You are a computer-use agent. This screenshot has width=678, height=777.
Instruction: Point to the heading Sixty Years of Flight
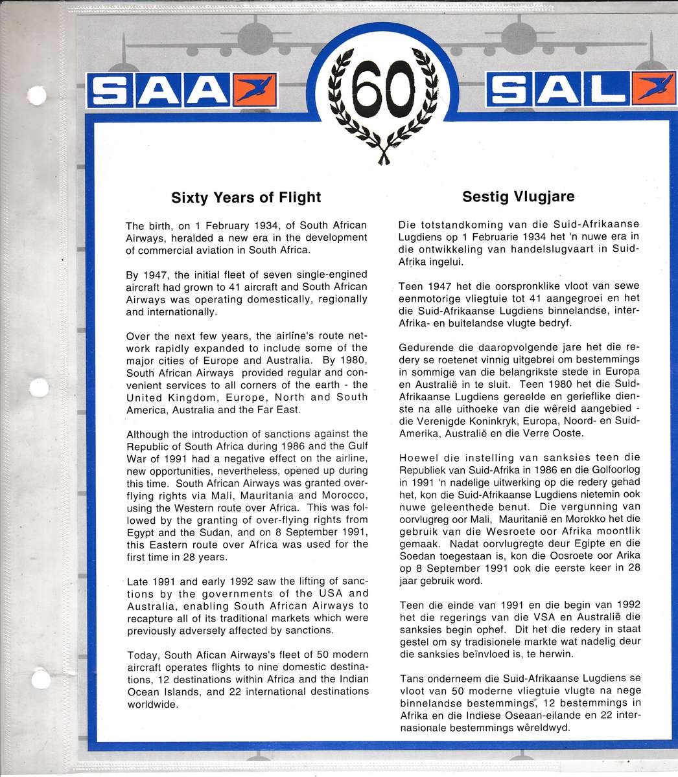pyautogui.click(x=246, y=196)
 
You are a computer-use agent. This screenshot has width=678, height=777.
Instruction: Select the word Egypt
pyautogui.click(x=141, y=532)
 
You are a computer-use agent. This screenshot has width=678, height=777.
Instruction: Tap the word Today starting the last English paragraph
pyautogui.click(x=143, y=655)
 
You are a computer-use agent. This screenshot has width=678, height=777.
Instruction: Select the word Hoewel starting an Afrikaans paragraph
pyautogui.click(x=419, y=458)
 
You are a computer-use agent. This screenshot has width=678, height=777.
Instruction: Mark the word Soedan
pyautogui.click(x=417, y=556)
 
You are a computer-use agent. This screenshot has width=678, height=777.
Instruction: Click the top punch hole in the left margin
pyautogui.click(x=38, y=95)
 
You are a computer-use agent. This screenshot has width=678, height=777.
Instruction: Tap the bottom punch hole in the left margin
pyautogui.click(x=40, y=681)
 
